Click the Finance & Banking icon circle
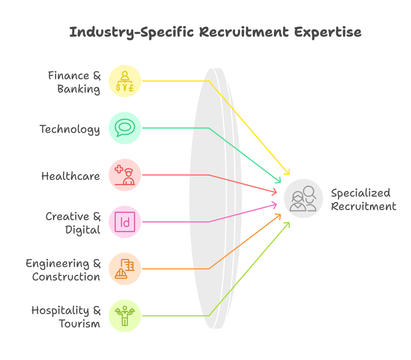tap(125, 81)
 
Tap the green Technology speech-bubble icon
tap(125, 128)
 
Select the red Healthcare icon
tap(125, 175)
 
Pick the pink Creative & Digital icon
tap(125, 222)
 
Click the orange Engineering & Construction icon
tap(125, 269)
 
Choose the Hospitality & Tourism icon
tap(125, 316)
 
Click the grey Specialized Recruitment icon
tap(303, 198)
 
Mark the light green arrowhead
tap(287, 224)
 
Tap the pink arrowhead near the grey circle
tap(275, 205)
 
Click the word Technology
tap(70, 129)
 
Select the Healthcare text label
tap(71, 176)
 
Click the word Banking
tap(79, 89)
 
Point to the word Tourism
tap(79, 324)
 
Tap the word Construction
tap(66, 277)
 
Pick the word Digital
tap(83, 230)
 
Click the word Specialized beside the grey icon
tap(360, 193)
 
